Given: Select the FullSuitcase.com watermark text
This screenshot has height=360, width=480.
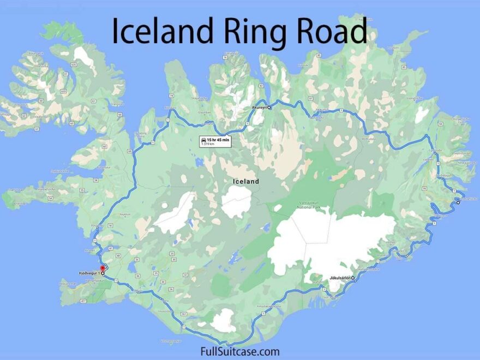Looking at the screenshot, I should tap(240, 351).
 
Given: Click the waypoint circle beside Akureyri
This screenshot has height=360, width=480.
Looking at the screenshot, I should tap(269, 108).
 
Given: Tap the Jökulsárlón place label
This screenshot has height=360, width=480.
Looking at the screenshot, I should tap(339, 278).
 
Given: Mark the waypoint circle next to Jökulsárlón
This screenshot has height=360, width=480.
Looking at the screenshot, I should tap(353, 278).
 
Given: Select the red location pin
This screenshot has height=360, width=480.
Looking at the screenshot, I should tap(103, 268).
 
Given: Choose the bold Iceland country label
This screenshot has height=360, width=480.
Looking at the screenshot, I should tap(246, 181).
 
